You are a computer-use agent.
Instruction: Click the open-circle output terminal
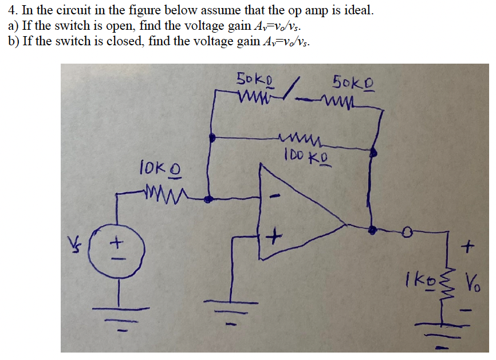click(407, 231)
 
